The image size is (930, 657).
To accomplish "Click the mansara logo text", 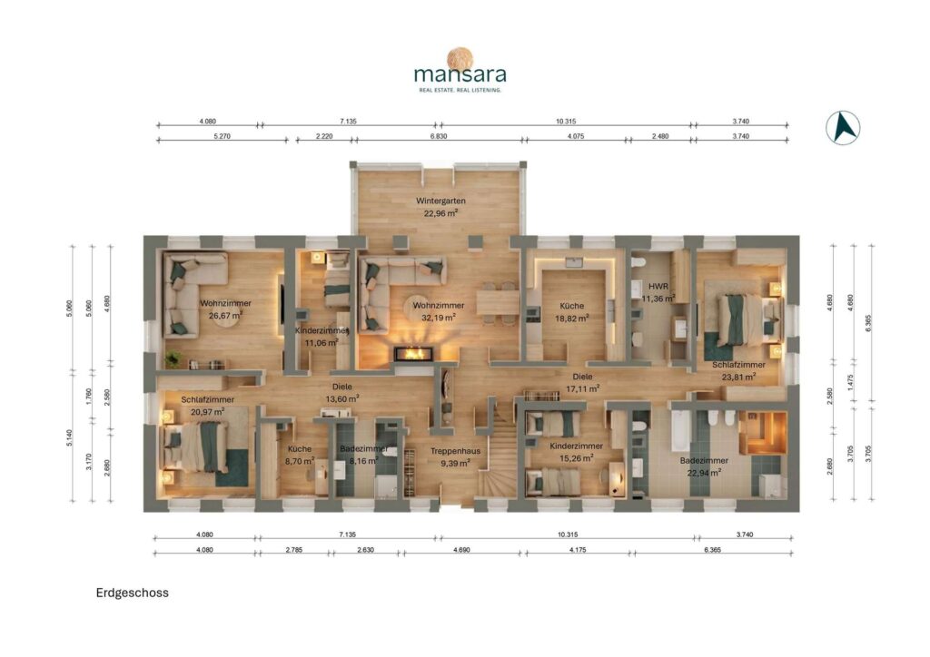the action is (460, 74).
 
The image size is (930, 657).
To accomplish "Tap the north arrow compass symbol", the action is (843, 128).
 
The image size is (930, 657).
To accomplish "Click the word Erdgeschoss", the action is (133, 593).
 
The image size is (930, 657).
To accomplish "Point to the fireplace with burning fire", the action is (414, 353).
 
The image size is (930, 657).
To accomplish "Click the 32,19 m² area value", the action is (439, 318).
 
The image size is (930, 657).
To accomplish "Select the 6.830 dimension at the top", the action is (439, 136).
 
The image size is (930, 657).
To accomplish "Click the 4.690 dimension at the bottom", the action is (461, 550).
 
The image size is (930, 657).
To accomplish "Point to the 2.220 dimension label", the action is (324, 136).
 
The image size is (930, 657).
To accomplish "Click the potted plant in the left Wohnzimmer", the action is (173, 358).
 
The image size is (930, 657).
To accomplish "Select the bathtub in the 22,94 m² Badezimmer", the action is (679, 431).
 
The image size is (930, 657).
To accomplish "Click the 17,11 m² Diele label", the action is (582, 383).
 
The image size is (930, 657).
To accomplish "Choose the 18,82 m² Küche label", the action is (572, 312).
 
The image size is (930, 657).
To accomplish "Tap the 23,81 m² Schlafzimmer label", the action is (738, 370).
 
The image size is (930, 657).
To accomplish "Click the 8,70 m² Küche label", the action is (300, 455).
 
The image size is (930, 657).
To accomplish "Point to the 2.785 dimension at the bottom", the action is (293, 550).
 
